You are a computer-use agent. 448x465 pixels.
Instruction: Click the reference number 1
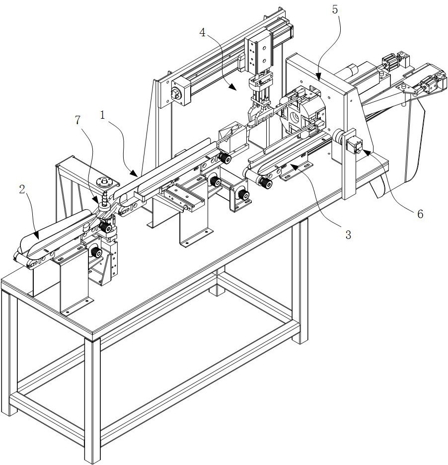coord(102,115)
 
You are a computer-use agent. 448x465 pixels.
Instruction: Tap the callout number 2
coord(21,189)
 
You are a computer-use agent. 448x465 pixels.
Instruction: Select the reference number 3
coord(348,235)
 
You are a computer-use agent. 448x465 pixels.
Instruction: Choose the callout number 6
coord(420,214)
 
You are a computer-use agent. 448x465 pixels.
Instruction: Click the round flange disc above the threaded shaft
coord(106,181)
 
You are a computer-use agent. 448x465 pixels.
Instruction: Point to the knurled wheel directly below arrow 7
coord(105,227)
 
